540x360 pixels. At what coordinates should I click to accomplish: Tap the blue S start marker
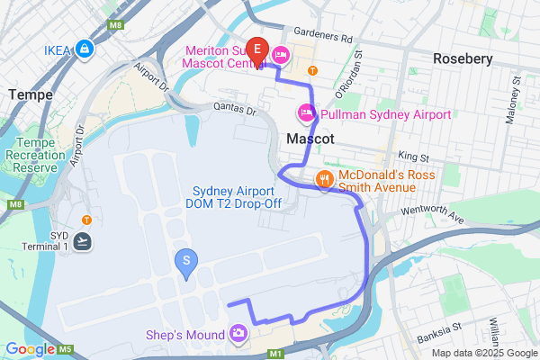[186, 262]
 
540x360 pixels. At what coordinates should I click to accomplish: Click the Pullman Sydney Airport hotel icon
[306, 114]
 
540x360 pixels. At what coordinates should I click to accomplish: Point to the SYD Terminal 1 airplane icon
[84, 240]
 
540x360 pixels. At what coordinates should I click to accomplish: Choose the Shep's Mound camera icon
[238, 335]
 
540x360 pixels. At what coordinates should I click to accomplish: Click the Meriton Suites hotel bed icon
[280, 56]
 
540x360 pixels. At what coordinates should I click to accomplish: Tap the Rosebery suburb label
[463, 58]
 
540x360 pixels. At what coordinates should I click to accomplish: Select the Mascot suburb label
[310, 140]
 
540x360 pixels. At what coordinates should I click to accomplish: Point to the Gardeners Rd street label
[320, 37]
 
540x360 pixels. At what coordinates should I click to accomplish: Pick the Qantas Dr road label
[235, 109]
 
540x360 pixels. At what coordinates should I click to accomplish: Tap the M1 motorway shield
[275, 355]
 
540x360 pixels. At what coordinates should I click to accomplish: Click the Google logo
[29, 349]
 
